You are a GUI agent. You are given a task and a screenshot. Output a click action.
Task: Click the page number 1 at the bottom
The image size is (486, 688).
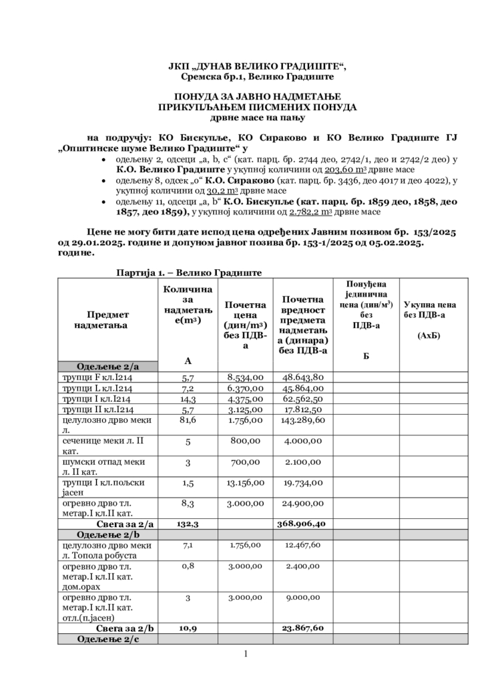(245, 653)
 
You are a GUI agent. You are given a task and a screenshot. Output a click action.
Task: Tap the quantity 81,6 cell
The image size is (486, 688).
(188, 421)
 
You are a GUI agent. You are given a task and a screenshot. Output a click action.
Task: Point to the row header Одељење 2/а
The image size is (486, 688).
(107, 366)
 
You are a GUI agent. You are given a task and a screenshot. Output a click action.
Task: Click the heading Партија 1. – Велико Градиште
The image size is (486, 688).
(188, 273)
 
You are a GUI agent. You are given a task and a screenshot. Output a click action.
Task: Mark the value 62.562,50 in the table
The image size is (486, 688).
(302, 399)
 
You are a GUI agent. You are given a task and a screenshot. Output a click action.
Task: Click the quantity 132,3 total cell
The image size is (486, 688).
(188, 524)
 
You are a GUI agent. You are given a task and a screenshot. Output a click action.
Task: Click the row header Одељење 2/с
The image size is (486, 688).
(107, 639)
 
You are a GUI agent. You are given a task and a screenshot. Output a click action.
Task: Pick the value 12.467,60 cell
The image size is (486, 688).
(302, 546)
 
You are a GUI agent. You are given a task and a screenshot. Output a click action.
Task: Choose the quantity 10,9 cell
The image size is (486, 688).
(188, 628)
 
